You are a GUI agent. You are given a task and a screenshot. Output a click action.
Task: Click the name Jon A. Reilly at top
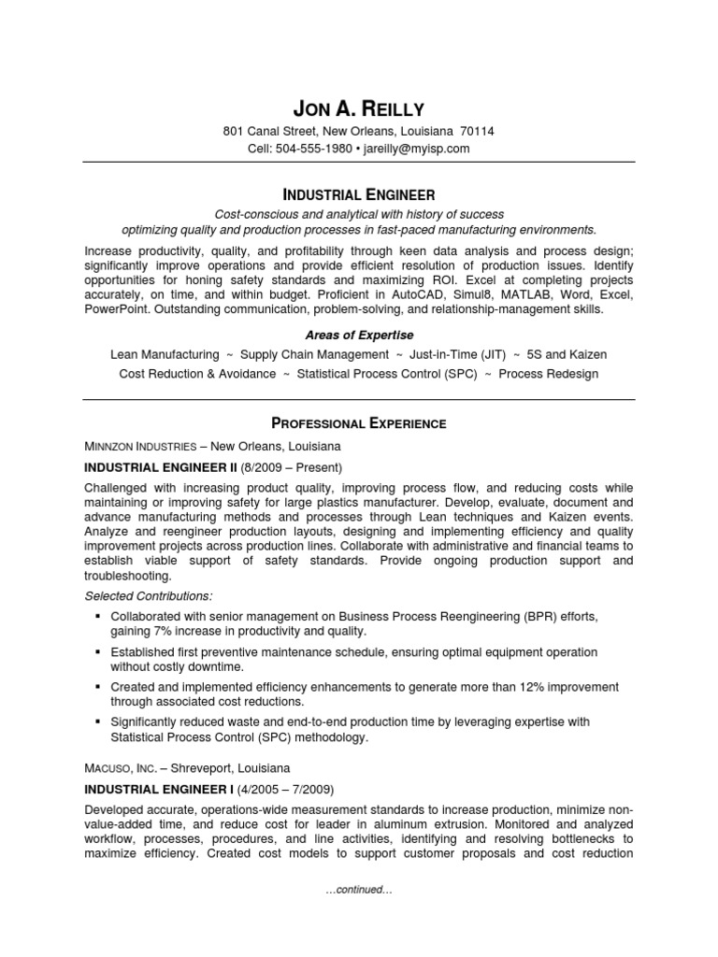[x=359, y=109]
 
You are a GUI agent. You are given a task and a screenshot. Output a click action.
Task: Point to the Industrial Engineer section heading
[x=359, y=195]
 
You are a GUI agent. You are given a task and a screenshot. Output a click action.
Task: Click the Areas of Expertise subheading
[x=359, y=335]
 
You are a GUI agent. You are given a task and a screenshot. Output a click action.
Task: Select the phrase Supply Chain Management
[x=314, y=355]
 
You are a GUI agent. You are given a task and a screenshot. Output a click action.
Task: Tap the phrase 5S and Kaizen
[x=567, y=355]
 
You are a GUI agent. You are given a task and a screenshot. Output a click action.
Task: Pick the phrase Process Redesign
[x=549, y=374]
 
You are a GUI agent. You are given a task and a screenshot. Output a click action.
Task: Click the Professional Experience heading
[x=359, y=423]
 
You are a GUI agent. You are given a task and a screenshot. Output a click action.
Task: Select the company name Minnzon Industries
[x=140, y=447]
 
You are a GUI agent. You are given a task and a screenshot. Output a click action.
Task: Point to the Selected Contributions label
[x=149, y=595]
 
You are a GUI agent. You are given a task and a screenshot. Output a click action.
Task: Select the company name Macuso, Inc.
[x=120, y=768]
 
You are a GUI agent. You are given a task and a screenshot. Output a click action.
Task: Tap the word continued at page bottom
[x=359, y=891]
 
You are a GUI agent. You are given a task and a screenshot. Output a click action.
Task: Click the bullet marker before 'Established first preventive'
[x=98, y=651]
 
